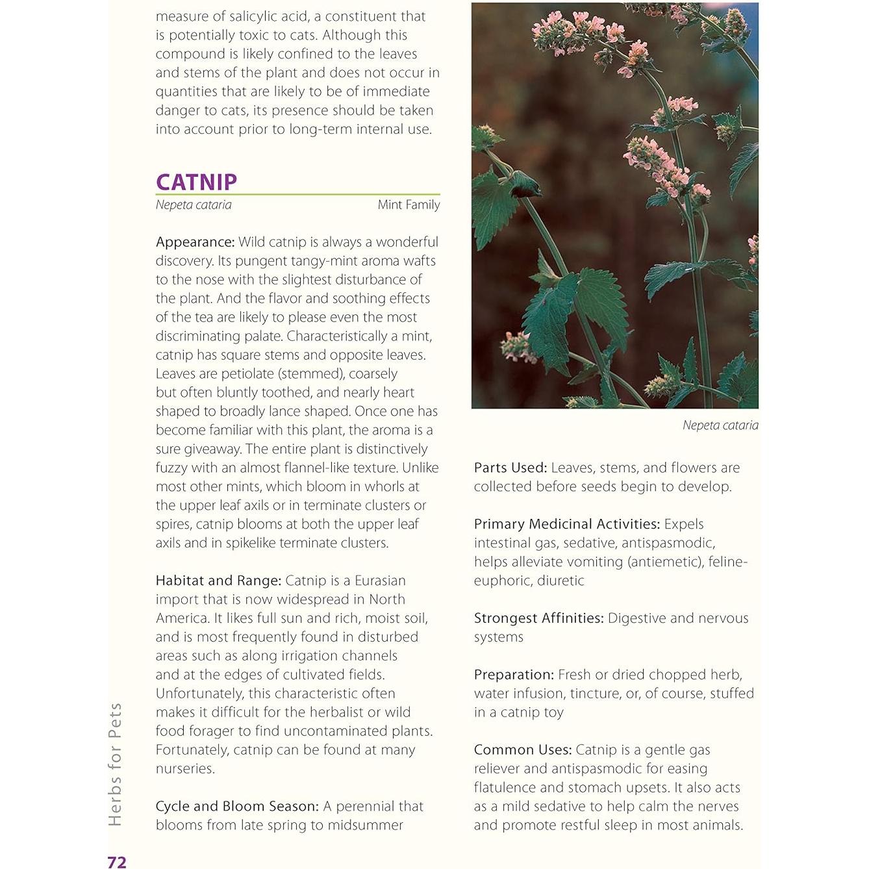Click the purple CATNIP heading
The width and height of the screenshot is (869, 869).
click(x=196, y=182)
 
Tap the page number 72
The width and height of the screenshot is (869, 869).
click(x=117, y=862)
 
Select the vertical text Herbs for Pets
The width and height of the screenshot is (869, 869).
click(x=116, y=764)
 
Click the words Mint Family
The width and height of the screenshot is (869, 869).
click(x=409, y=205)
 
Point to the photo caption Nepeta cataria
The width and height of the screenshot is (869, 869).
click(x=720, y=425)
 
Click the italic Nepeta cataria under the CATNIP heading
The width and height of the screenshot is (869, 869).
click(x=194, y=205)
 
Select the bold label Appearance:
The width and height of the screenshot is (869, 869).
click(x=195, y=242)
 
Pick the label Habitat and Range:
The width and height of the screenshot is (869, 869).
click(x=218, y=581)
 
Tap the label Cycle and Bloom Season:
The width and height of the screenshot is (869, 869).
click(x=237, y=806)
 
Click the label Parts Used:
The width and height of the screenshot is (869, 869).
click(x=510, y=468)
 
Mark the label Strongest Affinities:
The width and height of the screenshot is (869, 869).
click(x=538, y=618)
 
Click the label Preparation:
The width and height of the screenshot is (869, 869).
click(x=514, y=675)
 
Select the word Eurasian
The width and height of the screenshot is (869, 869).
click(x=380, y=581)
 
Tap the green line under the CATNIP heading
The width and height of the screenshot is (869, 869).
click(x=297, y=194)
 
